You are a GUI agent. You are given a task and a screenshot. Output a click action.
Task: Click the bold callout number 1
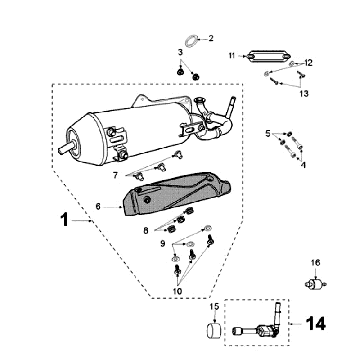click(65, 220)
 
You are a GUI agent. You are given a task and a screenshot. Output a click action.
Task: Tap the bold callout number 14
click(316, 323)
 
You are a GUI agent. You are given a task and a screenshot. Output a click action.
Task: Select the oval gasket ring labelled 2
click(191, 41)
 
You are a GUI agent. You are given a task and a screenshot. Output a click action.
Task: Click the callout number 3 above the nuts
click(180, 52)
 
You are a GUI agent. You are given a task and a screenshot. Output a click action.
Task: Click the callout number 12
click(308, 63)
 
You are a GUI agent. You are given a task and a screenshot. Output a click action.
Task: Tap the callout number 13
click(304, 94)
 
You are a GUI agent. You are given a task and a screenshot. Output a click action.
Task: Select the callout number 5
click(268, 134)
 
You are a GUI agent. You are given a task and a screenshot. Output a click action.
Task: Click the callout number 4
click(303, 165)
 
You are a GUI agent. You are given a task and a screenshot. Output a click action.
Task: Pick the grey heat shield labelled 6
click(177, 194)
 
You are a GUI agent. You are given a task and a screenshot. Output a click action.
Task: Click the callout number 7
click(115, 175)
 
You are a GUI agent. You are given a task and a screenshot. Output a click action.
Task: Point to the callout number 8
click(146, 230)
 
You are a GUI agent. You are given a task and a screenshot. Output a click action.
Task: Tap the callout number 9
click(163, 244)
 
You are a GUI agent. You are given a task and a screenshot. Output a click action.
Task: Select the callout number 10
click(177, 291)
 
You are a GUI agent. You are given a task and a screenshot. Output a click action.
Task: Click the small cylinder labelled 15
click(214, 330)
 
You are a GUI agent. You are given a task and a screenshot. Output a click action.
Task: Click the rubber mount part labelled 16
click(315, 284)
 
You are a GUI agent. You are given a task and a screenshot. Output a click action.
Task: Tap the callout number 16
click(316, 263)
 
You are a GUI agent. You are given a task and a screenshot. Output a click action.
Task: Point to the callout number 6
click(98, 207)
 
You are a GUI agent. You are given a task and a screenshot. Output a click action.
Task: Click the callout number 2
click(211, 38)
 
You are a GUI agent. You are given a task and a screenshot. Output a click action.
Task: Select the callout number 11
click(232, 56)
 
